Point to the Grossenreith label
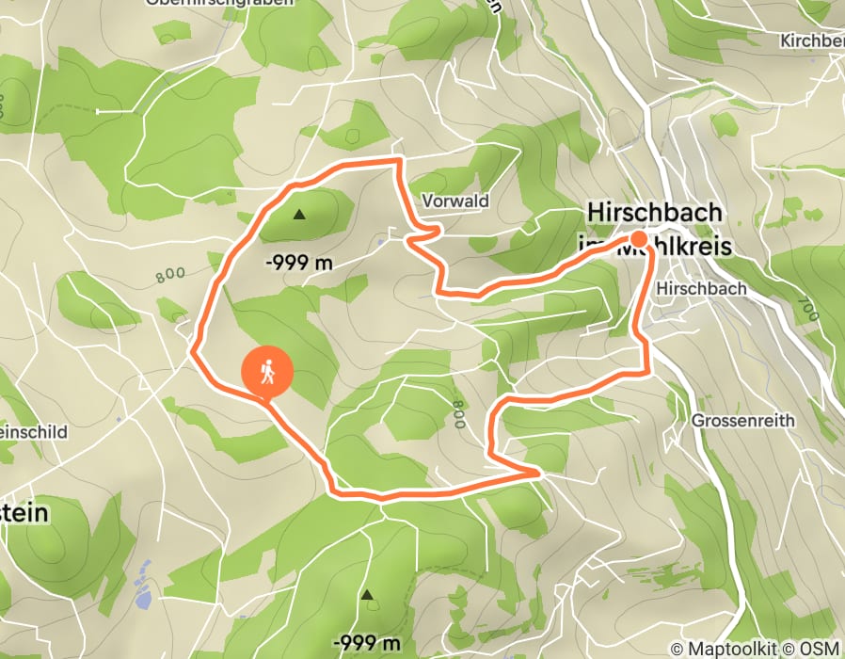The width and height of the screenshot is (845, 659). pos(742,420)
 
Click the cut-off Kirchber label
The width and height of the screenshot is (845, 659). pos(812,41)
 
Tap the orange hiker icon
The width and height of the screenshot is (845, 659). pos(267,373)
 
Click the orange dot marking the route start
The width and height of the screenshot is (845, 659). pos(638,239)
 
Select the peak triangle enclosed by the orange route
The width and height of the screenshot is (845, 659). pos(299,215)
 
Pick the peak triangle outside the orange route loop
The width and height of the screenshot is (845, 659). pos(367,595)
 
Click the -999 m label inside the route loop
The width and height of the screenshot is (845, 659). pos(299,264)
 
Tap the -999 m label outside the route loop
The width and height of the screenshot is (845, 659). pos(367,644)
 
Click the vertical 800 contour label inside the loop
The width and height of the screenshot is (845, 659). pos(458,413)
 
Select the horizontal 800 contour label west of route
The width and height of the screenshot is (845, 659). pos(169,276)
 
